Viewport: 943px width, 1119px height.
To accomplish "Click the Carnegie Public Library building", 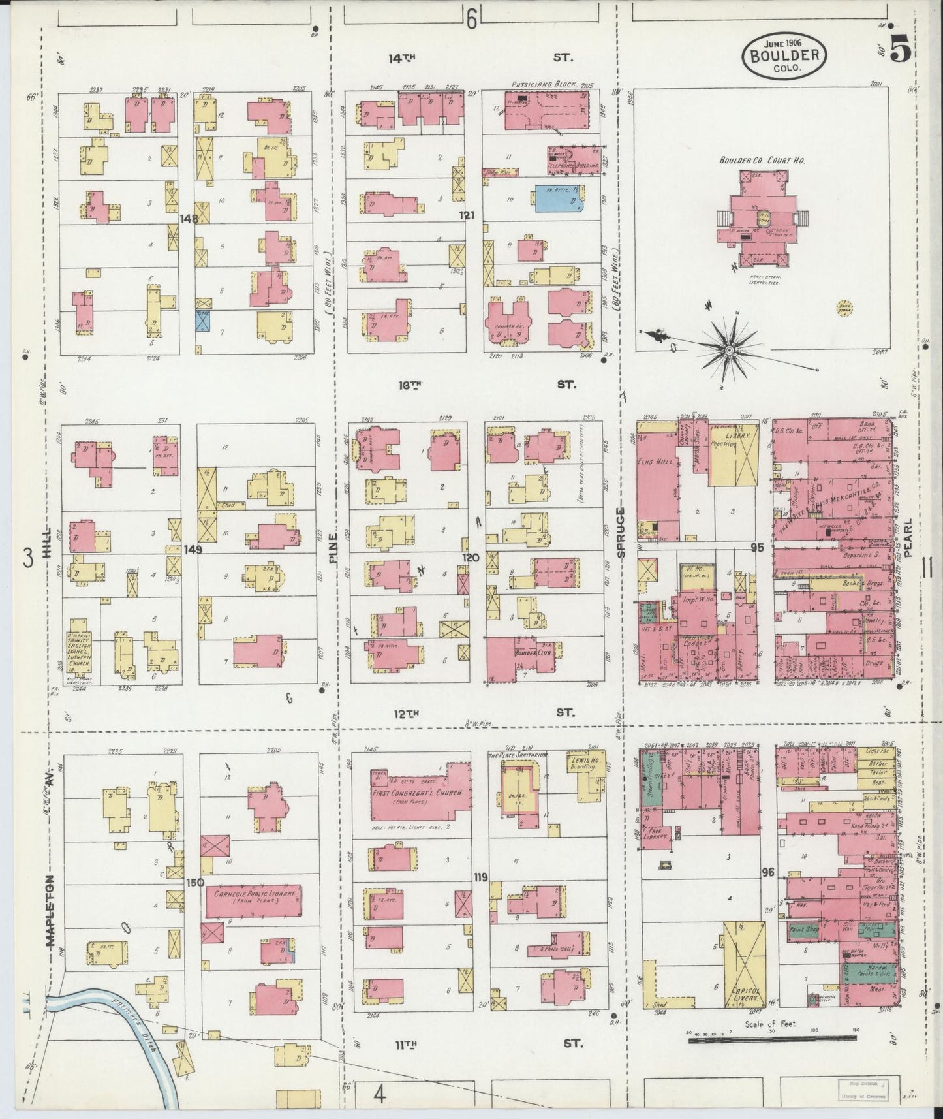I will tap(253, 901).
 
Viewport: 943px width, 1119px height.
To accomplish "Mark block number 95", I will tap(756, 548).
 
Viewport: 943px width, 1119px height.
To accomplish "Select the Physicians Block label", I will tap(538, 85).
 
